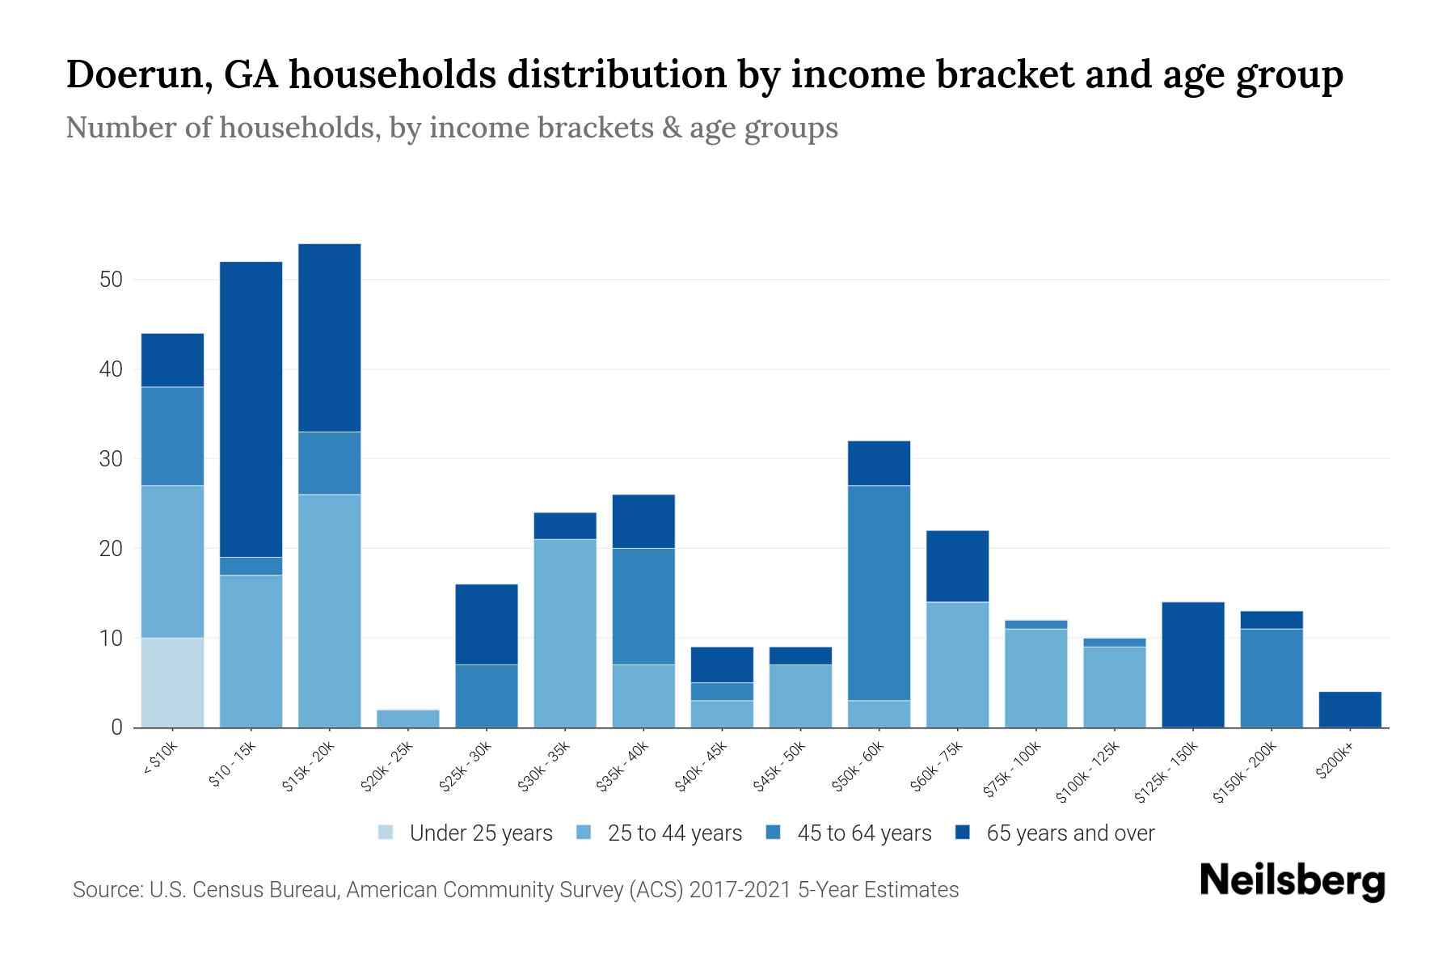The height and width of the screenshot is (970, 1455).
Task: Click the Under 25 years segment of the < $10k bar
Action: point(172,683)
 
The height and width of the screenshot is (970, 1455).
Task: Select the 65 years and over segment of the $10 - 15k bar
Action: point(251,409)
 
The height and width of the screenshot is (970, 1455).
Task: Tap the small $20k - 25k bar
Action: point(408,719)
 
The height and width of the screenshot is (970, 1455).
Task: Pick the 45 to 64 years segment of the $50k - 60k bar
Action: point(879,593)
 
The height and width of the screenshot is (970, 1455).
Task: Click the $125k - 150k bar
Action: point(1192,664)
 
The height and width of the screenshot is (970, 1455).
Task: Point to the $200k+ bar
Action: point(1350,710)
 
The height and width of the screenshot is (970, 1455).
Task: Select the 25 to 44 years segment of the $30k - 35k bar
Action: point(565,633)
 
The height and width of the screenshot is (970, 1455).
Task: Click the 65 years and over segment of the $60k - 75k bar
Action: point(957,566)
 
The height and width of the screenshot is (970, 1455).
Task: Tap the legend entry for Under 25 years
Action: point(480,833)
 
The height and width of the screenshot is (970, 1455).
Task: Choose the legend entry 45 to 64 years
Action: point(863,833)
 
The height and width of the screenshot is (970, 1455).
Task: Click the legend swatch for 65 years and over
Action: point(963,833)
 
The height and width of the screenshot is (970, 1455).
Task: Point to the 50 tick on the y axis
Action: point(111,280)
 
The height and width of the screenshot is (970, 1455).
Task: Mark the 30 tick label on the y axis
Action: point(111,459)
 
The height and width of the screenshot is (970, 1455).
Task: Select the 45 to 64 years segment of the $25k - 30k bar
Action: point(487,696)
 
